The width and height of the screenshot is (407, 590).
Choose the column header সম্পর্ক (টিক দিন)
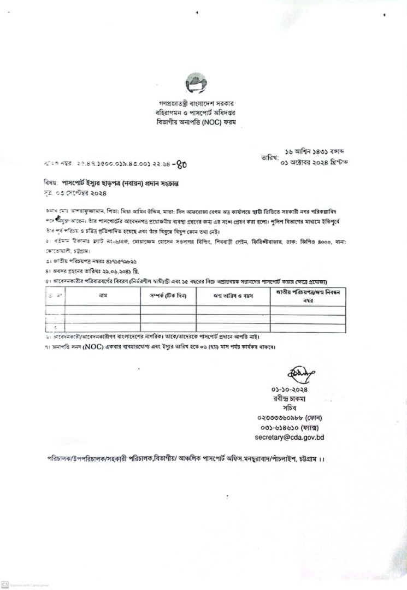coord(168,296)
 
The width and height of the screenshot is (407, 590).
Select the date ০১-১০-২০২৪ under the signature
coord(290,390)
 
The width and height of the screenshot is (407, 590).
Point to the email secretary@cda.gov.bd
coord(290,438)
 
